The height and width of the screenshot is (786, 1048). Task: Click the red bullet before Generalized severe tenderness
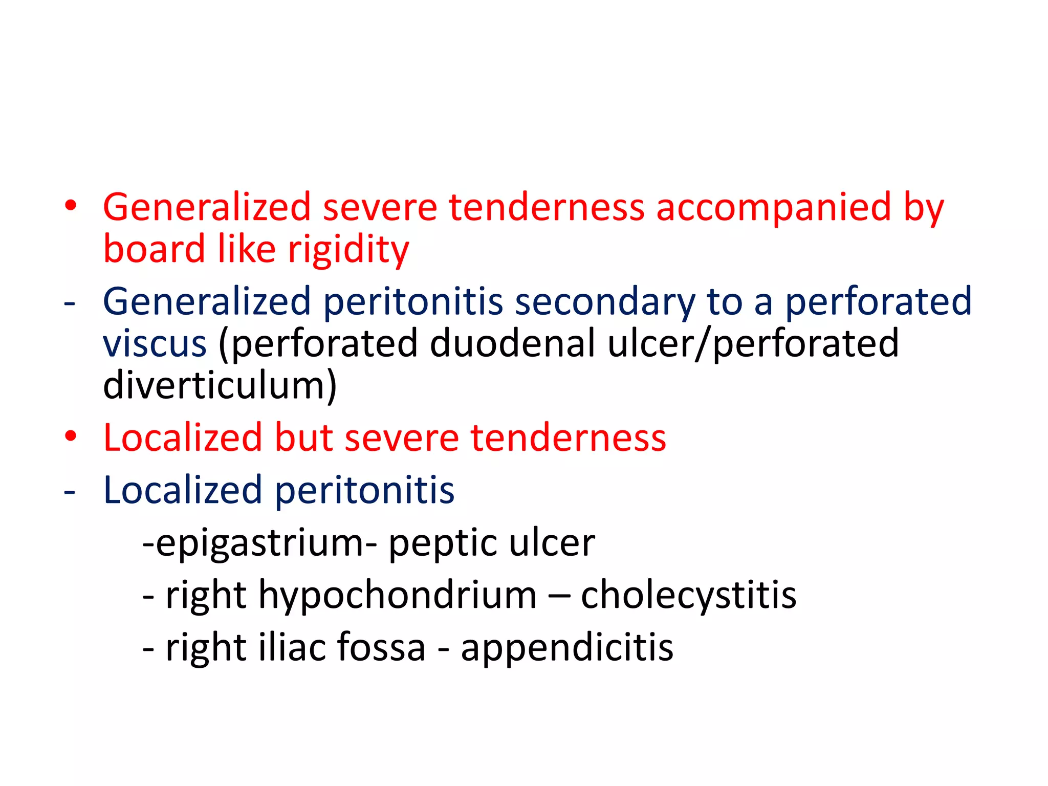tap(71, 206)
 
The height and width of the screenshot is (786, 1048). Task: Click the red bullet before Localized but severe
tap(71, 436)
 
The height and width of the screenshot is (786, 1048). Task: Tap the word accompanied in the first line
tap(774, 208)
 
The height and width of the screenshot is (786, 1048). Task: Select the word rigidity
tap(348, 250)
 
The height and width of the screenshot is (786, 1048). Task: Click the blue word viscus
tap(155, 344)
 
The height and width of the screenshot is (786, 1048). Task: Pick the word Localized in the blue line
tap(183, 490)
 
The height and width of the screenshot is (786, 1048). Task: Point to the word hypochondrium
tap(398, 596)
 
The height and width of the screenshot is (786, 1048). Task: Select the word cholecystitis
tap(688, 595)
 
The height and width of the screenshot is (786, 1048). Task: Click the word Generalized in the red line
tap(207, 208)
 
